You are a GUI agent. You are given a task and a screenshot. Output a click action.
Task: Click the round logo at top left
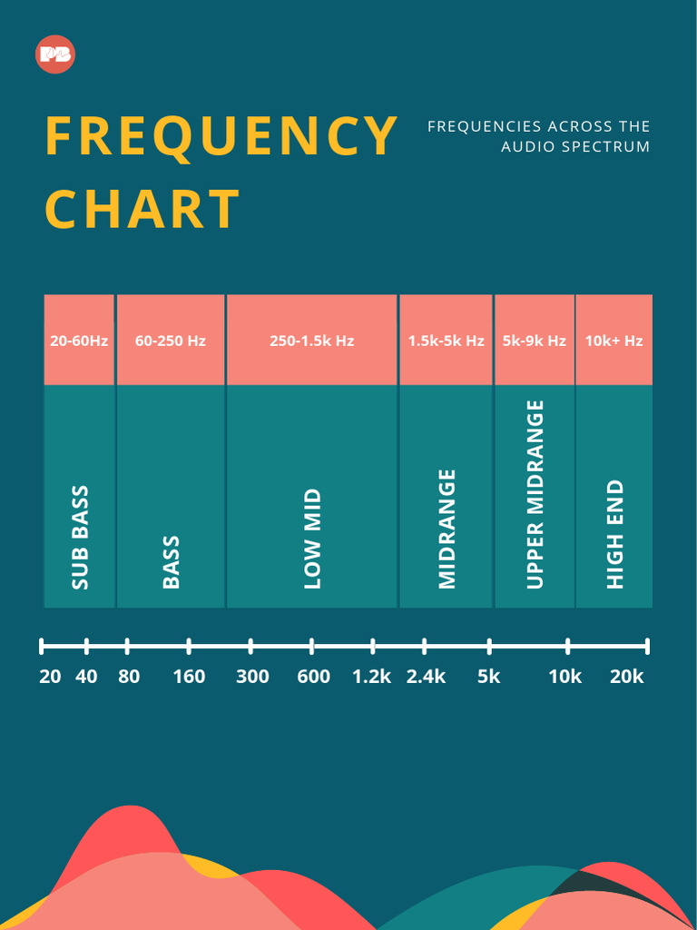(55, 54)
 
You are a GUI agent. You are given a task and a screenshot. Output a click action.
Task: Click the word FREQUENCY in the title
(221, 136)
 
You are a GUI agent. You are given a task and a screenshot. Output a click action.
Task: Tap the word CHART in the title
(142, 209)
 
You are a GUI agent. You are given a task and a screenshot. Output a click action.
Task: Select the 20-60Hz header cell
(79, 341)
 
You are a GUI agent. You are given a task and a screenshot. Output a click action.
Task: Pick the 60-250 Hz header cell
(171, 341)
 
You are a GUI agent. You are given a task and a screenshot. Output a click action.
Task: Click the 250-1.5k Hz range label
(311, 341)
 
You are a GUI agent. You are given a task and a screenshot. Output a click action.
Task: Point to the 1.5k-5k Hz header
(446, 341)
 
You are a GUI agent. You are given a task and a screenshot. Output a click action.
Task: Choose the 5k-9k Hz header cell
(534, 341)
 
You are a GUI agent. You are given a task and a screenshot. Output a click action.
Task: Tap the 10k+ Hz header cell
(614, 341)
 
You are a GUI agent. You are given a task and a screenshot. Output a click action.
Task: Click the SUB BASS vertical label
(81, 537)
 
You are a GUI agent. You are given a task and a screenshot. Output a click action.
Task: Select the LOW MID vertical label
(313, 539)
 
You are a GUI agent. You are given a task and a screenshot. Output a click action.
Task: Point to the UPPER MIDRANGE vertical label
(535, 494)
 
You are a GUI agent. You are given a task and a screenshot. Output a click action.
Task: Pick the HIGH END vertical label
(615, 533)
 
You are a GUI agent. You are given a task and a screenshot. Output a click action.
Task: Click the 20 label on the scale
(50, 677)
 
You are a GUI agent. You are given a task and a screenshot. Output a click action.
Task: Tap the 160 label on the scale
(189, 677)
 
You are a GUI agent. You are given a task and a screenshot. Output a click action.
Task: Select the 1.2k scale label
(371, 677)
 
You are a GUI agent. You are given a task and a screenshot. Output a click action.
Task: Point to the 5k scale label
(488, 677)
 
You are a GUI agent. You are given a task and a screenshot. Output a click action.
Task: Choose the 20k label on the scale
(625, 677)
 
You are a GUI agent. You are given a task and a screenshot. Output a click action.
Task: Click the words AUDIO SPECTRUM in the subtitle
(575, 147)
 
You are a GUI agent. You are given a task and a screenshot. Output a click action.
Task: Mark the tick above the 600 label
(312, 647)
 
